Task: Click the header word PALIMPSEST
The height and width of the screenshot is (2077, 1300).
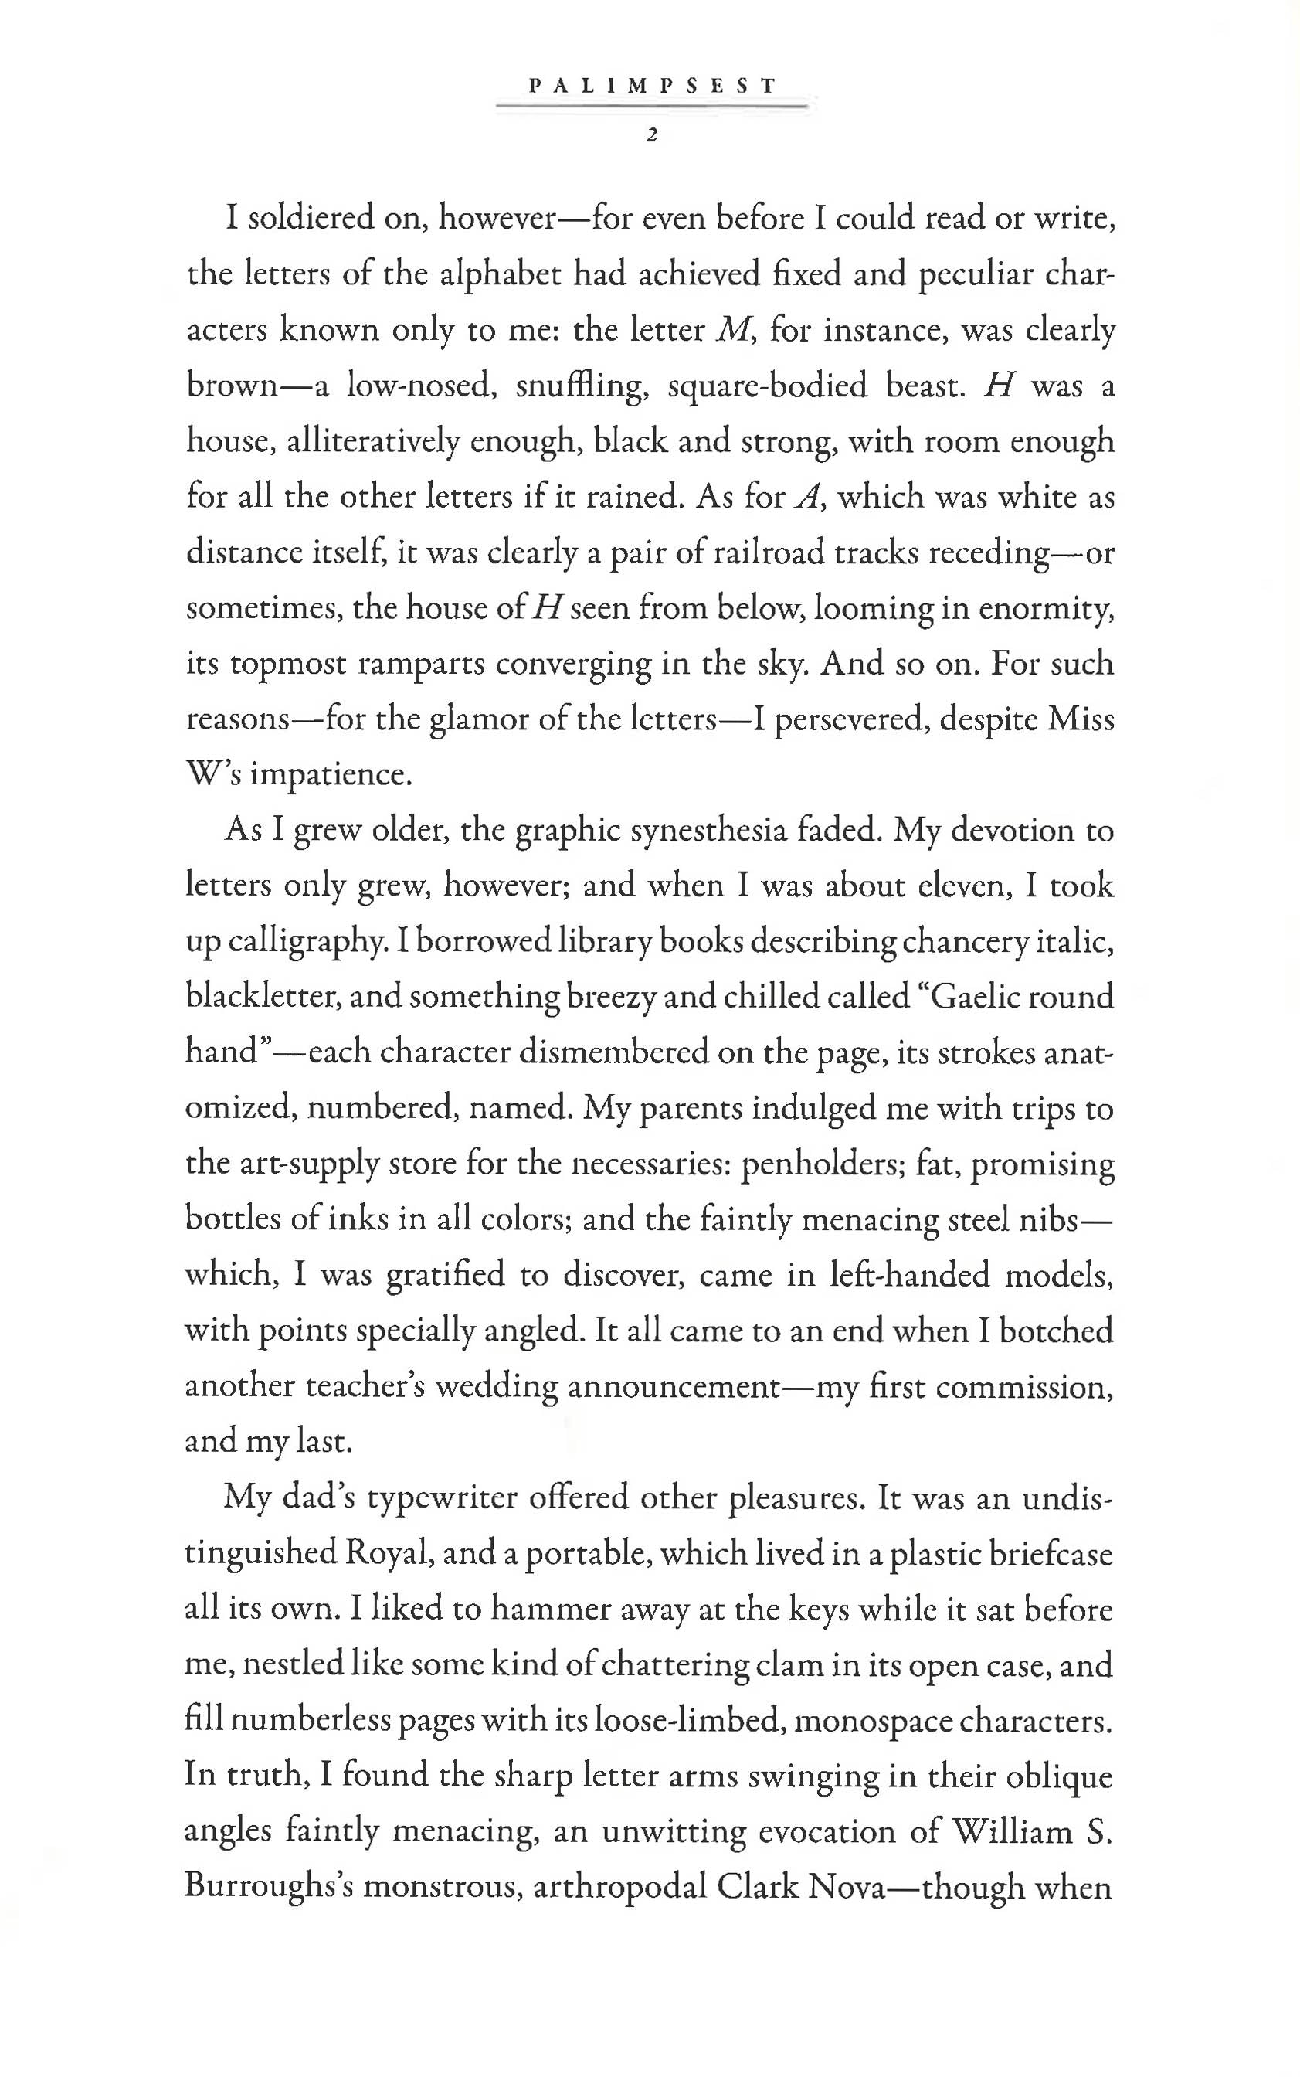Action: (653, 86)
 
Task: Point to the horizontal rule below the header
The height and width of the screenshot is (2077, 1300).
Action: (653, 107)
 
